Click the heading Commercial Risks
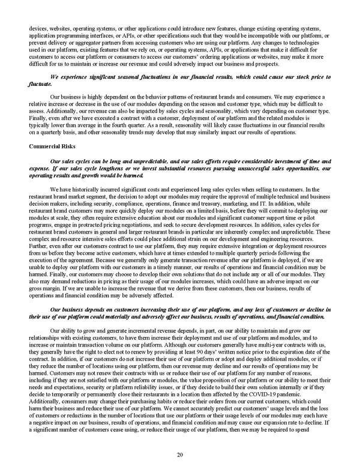point(53,146)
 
